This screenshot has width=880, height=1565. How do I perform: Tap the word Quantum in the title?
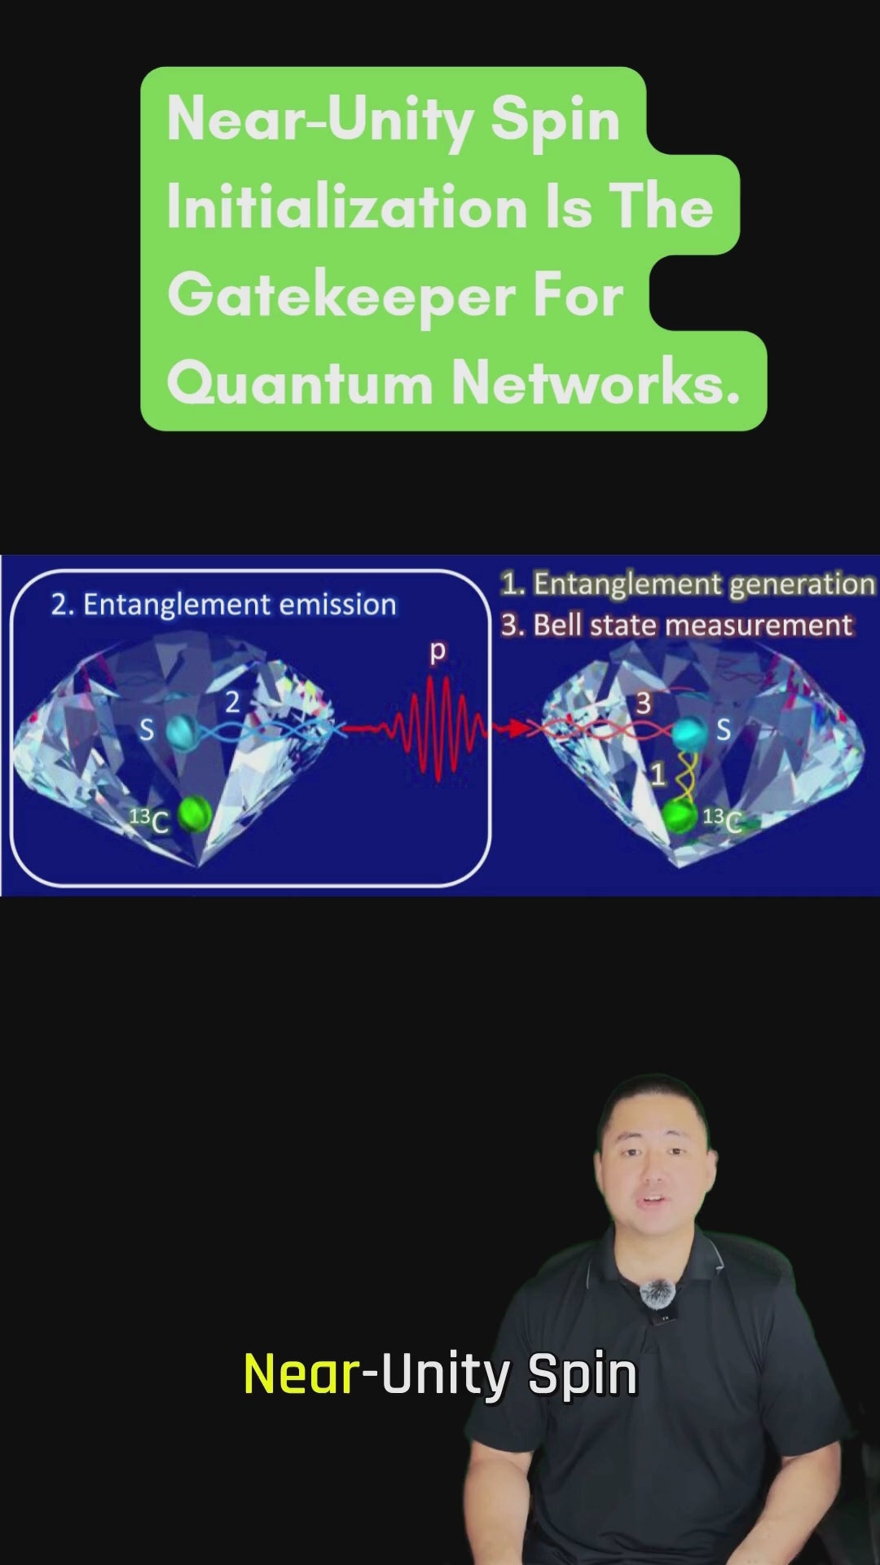[x=300, y=383]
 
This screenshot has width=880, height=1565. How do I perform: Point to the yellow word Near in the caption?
[x=301, y=1374]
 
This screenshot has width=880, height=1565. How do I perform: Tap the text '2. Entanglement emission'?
[x=223, y=605]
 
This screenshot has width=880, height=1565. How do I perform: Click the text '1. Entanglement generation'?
[x=688, y=584]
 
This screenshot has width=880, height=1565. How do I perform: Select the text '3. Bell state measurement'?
[x=676, y=625]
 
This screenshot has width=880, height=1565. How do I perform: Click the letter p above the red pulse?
[x=438, y=652]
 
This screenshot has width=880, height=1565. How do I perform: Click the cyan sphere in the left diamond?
[x=183, y=731]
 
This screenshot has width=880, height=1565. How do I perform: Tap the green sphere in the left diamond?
[x=195, y=813]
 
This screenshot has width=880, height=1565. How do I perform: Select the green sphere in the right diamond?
[x=680, y=816]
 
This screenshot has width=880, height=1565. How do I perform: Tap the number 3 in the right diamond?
[x=644, y=703]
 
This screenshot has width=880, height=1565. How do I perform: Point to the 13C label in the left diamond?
[x=150, y=820]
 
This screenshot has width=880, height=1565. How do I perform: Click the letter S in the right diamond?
[x=723, y=730]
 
